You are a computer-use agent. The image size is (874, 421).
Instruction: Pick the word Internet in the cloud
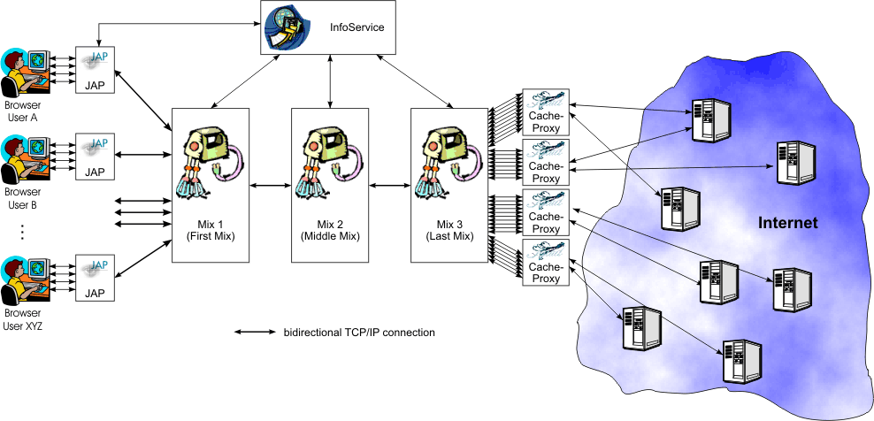point(788,223)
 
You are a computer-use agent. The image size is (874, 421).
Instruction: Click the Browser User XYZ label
point(22,320)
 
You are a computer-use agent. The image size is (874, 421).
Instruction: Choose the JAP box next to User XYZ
point(95,278)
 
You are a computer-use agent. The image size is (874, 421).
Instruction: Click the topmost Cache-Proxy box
point(545,111)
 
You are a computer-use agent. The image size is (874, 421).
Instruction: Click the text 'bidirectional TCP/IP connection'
point(359,333)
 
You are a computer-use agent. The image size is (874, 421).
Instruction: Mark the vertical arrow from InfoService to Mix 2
point(329,80)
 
